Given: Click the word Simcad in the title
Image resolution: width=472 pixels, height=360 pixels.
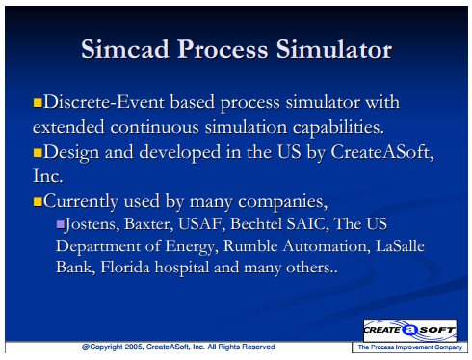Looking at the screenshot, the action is point(125,49).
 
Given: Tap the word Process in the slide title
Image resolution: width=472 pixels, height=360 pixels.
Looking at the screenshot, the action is point(223,50).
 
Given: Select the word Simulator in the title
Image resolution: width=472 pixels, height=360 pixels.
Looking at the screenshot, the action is point(334,49).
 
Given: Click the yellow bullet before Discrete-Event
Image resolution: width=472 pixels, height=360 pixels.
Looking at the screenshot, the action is point(38,103).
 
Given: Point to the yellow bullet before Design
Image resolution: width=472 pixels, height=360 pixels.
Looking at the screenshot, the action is point(38,152).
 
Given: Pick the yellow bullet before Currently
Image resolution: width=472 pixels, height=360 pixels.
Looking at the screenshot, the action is point(38,202).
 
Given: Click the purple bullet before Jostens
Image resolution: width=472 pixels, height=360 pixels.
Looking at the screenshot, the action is point(60,224).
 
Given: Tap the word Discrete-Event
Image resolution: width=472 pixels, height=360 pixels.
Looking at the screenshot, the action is point(104,102).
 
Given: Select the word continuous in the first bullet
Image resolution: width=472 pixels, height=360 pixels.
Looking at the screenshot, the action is point(154,127).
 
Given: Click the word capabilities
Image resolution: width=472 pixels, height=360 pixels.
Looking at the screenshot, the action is point(338,128).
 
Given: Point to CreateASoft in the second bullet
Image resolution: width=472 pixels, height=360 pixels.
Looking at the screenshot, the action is point(382,152).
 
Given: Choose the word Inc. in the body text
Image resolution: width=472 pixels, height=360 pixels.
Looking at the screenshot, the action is point(48,176).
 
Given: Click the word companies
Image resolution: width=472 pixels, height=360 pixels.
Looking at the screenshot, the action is point(282,202).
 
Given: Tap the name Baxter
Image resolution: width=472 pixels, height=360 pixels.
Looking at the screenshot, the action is point(147,224).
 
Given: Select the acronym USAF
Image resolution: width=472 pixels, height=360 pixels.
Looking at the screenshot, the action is point(199,224).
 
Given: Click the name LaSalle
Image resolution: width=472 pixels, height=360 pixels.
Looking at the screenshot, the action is point(400,245).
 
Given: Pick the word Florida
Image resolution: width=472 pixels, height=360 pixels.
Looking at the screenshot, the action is point(125,268).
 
